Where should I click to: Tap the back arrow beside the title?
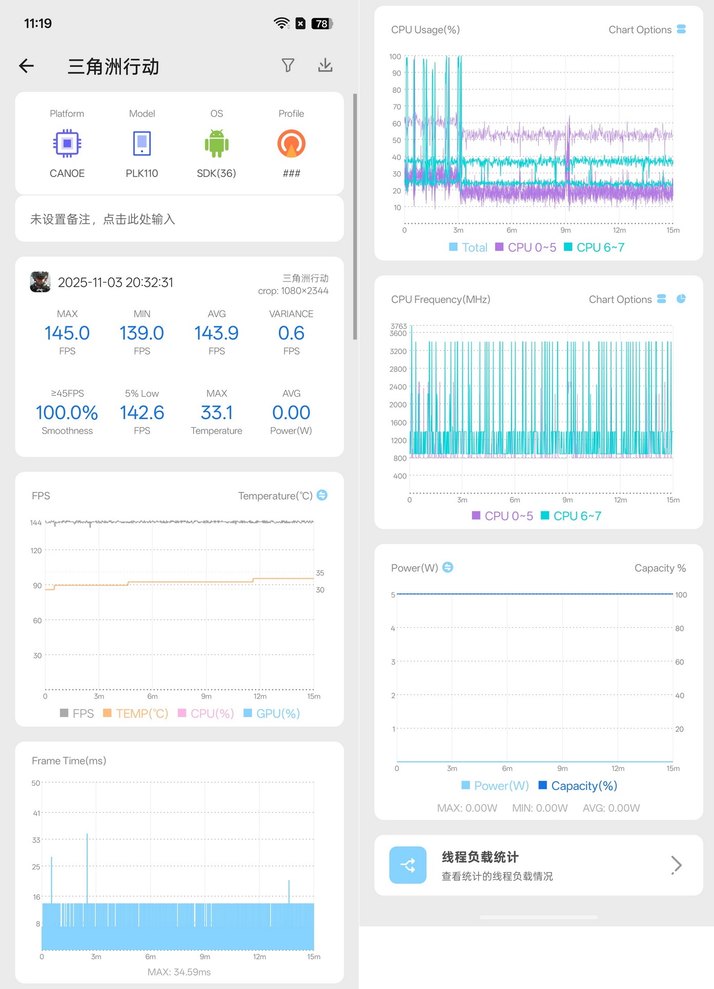coord(27,66)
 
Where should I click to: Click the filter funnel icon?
coord(288,65)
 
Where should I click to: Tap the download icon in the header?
coord(325,65)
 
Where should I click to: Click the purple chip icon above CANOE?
coord(67,143)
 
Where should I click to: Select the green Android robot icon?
coord(217,143)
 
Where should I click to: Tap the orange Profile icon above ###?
coord(291,143)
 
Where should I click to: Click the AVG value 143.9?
coord(216,333)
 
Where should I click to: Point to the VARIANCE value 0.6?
coord(291,333)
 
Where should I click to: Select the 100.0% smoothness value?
coord(67,412)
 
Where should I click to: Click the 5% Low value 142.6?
coord(142,412)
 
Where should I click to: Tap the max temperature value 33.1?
coord(217,412)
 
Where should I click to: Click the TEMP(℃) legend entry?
coord(136,714)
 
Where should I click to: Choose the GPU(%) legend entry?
coord(272,714)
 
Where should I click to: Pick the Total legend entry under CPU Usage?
coord(468,247)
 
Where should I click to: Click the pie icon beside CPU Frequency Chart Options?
coord(681,299)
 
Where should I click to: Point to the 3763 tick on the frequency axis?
coord(399,326)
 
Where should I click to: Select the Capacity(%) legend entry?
coord(578,786)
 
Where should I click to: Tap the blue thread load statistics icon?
coord(408,865)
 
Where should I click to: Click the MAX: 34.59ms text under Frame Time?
coord(179,972)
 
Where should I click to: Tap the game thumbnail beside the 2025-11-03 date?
coord(40,282)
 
